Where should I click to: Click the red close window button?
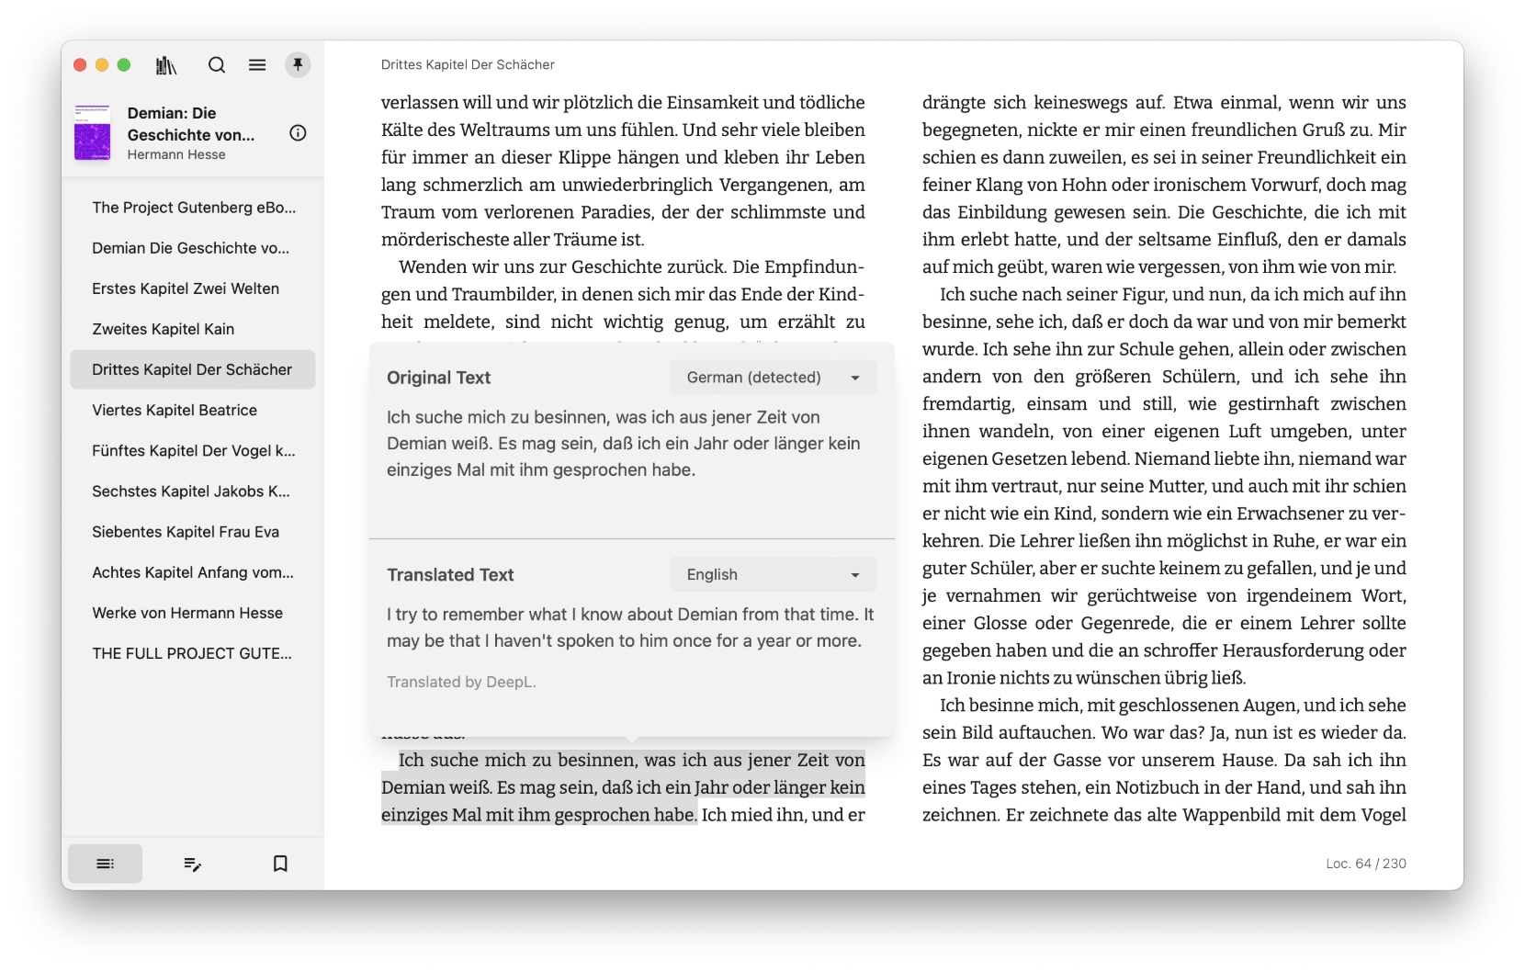coord(80,65)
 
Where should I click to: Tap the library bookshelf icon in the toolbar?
coord(166,65)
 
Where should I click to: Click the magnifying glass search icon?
coord(217,65)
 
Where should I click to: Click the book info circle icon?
coord(298,133)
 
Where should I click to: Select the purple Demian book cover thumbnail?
coord(92,133)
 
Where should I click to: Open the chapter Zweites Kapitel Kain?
coord(164,329)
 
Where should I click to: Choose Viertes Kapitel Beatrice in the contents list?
coord(175,410)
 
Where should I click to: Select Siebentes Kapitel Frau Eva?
coord(186,532)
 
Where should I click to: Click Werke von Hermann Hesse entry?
coord(187,613)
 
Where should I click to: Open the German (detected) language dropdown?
coord(773,378)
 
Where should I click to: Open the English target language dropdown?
coord(773,574)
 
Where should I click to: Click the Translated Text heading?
coord(450,575)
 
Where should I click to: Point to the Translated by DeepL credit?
coord(461,682)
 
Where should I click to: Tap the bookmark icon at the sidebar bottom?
coord(280,864)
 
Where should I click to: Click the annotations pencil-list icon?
coord(193,864)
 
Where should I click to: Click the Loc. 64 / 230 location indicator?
coord(1365,864)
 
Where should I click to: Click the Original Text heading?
coord(438,378)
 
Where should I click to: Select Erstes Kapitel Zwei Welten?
coord(186,288)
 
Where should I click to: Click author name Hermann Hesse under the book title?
coord(176,154)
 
